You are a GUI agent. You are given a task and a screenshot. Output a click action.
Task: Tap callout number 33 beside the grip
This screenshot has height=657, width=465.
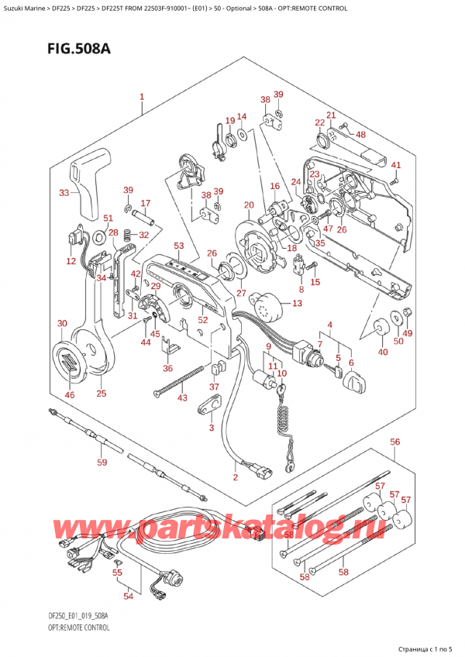tap(64, 193)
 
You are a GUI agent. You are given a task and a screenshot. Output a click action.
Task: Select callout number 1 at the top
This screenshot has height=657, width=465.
tap(142, 98)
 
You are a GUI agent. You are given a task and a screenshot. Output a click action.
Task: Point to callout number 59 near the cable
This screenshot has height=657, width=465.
tap(102, 463)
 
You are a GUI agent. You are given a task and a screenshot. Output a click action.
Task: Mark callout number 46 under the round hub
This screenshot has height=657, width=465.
tap(71, 395)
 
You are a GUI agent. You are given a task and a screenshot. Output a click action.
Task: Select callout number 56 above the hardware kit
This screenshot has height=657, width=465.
tap(395, 442)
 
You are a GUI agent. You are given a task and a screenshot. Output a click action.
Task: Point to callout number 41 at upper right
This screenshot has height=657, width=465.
tap(395, 165)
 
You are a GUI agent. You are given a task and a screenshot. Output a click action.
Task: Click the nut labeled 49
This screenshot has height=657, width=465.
tap(409, 313)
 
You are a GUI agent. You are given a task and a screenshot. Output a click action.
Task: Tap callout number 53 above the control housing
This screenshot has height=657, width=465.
tap(179, 246)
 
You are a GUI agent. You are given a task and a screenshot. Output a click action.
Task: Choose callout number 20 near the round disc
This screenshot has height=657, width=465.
tap(248, 205)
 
